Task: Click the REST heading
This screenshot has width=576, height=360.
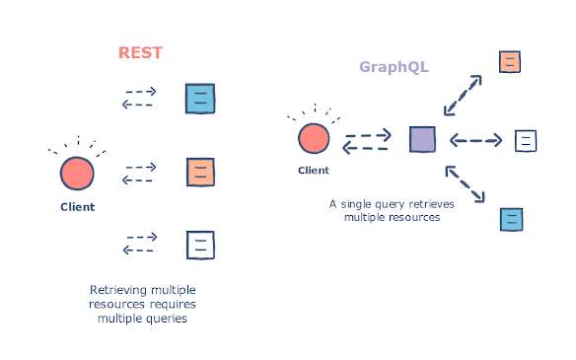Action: (141, 52)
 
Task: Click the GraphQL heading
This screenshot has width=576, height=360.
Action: (393, 67)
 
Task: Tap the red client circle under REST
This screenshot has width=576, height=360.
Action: (77, 173)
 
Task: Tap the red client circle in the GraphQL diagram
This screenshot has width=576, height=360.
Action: (314, 139)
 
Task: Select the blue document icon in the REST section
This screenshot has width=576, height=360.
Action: (200, 99)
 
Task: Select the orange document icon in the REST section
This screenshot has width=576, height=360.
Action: (200, 173)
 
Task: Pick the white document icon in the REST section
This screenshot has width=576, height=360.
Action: (200, 243)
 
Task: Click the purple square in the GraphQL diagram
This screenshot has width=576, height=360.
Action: (422, 139)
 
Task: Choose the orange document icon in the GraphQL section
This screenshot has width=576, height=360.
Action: (510, 62)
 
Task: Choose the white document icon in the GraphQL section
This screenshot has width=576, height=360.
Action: (526, 140)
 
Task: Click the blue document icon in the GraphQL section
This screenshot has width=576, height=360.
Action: (511, 219)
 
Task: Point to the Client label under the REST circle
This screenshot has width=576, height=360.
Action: (77, 207)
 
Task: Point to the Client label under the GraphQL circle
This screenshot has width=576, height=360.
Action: (314, 171)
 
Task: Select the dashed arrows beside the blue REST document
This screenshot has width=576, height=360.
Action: (139, 98)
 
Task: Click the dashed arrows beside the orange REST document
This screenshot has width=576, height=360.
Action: (139, 174)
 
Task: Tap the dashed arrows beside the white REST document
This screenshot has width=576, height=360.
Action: (139, 243)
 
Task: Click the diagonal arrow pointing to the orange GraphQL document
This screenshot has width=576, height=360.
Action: (464, 96)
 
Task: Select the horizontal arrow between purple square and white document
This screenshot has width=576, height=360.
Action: (476, 140)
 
